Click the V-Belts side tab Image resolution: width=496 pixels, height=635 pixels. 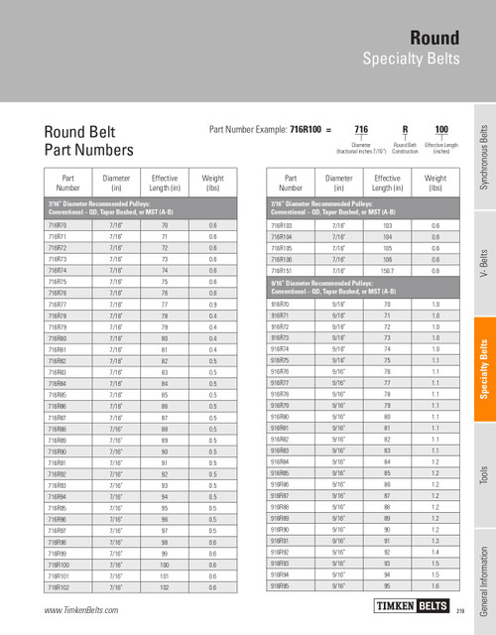tap(484, 262)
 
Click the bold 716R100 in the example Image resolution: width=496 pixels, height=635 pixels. tap(308, 130)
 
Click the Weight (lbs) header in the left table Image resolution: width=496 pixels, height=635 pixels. tap(212, 182)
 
